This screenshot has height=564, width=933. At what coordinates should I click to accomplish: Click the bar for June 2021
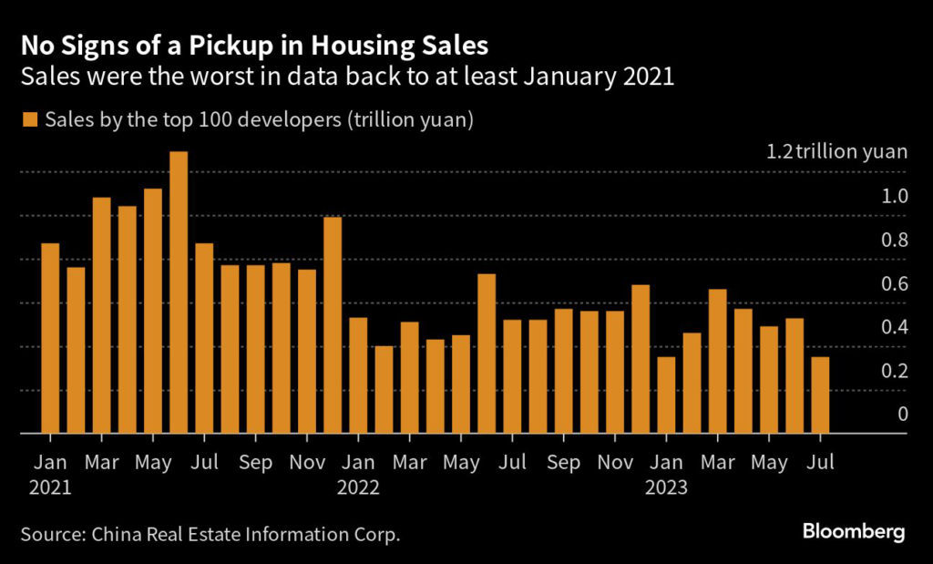coord(179,292)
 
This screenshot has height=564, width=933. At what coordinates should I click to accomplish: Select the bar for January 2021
coord(50,338)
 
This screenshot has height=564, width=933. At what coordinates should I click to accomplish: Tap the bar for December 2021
coord(333,325)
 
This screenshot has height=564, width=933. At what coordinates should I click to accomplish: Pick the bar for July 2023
coord(820,395)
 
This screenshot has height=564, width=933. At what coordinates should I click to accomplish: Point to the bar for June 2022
coord(487,354)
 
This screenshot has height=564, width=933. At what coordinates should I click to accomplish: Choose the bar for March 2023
coord(717,362)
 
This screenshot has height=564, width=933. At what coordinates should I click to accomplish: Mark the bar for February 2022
coord(384,390)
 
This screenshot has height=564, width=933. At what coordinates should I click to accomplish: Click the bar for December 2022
coord(641,359)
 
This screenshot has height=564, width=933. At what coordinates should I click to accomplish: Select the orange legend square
coord(31,119)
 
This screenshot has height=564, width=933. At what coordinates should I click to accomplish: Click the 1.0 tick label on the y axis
coord(895,196)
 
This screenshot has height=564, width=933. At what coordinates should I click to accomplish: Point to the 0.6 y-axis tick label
coord(895,283)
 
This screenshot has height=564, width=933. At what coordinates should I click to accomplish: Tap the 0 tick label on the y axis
coord(902,414)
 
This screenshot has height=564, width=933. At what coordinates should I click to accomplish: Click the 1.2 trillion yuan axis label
coord(837,151)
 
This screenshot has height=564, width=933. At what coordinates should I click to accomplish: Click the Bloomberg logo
coord(853,532)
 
